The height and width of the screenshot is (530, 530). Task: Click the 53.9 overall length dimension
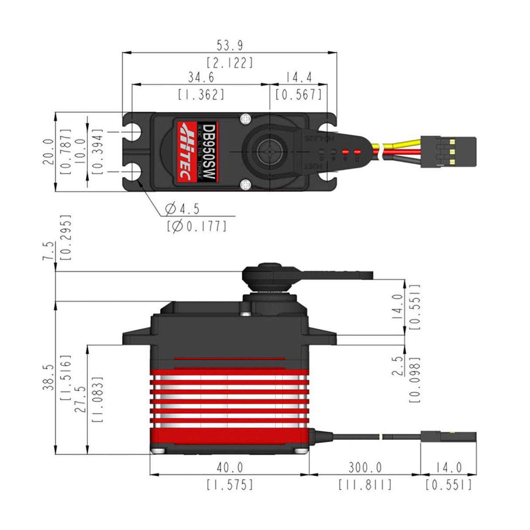tap(230, 45)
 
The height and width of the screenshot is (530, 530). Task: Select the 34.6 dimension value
tap(201, 77)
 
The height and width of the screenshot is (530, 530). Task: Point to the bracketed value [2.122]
tap(230, 63)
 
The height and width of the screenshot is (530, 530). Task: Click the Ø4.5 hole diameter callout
tap(182, 209)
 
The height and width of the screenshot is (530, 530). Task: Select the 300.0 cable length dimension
tap(365, 468)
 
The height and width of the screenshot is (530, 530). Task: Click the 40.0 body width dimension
tap(230, 468)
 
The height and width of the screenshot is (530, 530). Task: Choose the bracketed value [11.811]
tap(365, 485)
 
